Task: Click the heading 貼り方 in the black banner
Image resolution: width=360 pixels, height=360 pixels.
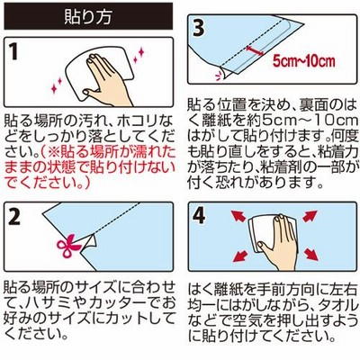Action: coord(88,16)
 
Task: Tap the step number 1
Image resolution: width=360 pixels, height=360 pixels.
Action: coord(14,51)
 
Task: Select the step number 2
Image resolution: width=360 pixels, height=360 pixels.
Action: coord(14,217)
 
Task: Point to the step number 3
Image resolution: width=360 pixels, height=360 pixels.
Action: coord(199,28)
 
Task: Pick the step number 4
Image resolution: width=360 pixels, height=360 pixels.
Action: coord(199,217)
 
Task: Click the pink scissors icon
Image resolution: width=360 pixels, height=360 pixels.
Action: coord(68,246)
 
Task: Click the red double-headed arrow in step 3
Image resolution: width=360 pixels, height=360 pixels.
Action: coord(255,50)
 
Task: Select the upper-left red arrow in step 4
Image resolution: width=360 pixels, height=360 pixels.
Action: coord(238,216)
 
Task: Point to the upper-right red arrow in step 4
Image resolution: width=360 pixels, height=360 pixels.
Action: coord(310,216)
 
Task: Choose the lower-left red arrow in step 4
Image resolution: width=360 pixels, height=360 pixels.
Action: coord(240,256)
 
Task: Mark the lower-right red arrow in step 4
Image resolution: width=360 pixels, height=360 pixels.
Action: coord(312,255)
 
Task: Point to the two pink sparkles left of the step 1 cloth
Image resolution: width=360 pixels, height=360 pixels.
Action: coord(57,85)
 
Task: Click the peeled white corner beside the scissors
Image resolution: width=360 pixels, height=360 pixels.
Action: coord(89,241)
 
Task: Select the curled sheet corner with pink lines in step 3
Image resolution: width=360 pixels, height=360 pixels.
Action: coord(221,74)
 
